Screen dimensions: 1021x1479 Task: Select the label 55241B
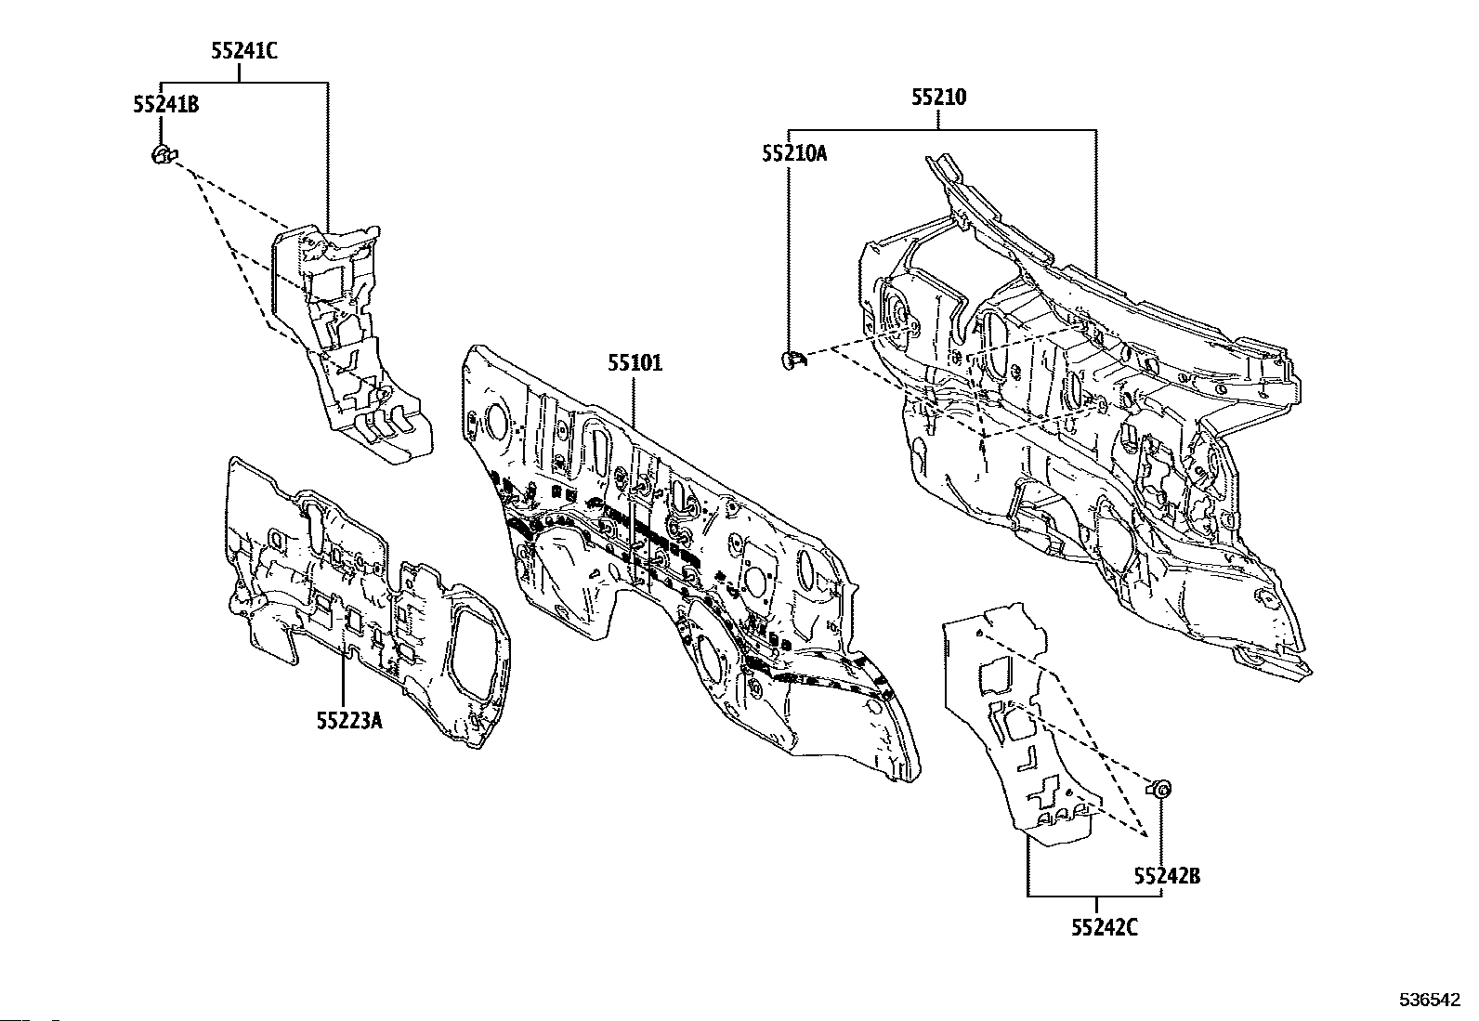tap(165, 105)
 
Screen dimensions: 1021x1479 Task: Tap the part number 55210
tap(938, 98)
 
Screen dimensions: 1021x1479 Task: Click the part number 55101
tap(635, 363)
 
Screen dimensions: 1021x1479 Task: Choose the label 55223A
tap(348, 720)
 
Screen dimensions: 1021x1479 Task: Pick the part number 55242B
tap(1166, 875)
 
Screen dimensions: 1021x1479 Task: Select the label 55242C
tap(1096, 926)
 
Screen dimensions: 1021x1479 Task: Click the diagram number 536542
tap(1431, 1001)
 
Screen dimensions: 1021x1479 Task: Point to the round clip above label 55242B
tap(1161, 790)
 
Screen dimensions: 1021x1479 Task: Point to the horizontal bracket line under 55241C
tap(244, 82)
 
